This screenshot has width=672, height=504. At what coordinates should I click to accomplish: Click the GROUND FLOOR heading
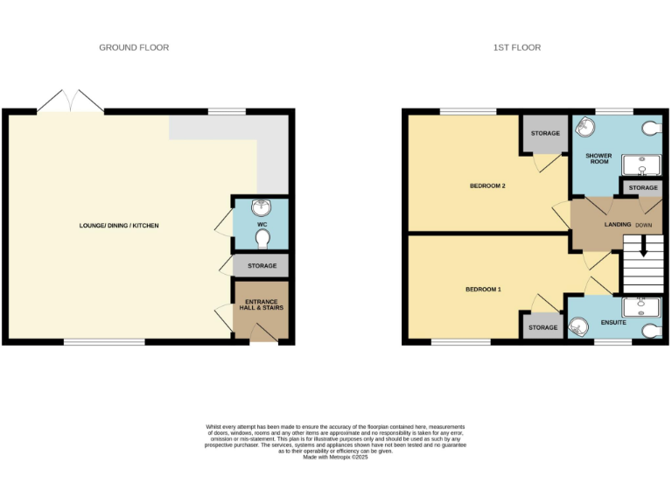point(134,47)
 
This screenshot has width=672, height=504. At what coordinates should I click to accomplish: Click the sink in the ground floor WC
point(260,208)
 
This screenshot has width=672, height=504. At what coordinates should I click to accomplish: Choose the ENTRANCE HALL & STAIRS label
point(260,304)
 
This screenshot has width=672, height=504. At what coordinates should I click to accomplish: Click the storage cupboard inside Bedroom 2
point(544,134)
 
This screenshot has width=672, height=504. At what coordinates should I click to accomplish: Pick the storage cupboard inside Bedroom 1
point(542,327)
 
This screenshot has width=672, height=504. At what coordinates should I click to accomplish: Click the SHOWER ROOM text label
point(598,159)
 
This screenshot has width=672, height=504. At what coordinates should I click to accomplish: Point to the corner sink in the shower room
point(583,128)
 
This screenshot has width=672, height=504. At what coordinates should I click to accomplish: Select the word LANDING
point(618,225)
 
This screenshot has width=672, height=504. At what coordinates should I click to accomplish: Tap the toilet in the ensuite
point(650,332)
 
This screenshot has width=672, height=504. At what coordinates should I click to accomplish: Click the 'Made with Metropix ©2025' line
point(335,458)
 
